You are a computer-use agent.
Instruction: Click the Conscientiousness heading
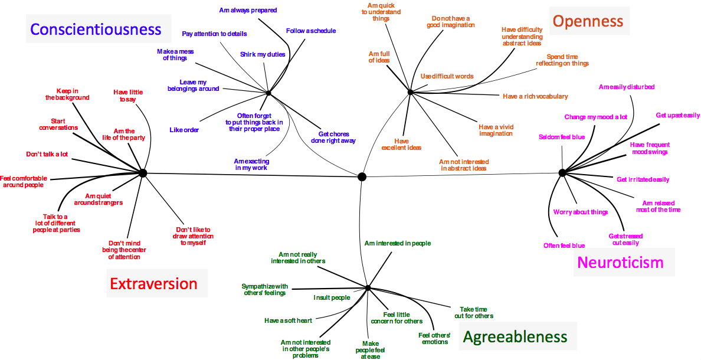point(96,29)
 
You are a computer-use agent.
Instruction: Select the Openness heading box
point(588,21)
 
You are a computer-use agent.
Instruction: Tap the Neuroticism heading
point(620,262)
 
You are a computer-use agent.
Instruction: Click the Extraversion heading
point(153,284)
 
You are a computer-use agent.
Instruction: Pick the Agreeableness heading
point(515,337)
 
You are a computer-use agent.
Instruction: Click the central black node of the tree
point(362,176)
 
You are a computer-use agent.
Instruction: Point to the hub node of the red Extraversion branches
point(142,172)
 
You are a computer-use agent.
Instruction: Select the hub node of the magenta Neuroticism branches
point(562,172)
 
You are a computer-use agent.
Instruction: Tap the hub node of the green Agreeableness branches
point(368,288)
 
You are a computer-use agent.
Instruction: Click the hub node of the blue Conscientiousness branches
point(268,93)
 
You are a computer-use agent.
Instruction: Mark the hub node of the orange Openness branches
point(410,91)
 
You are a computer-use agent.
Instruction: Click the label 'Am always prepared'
point(248,10)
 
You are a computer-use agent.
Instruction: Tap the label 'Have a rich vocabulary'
point(535,96)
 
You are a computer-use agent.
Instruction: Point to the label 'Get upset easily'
point(678,115)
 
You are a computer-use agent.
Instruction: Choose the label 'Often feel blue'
point(564,246)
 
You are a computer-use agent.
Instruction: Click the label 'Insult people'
point(332,297)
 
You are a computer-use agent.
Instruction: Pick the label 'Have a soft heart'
point(288,320)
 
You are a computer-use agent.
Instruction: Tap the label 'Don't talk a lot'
point(47,154)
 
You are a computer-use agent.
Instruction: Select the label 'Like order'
point(184,130)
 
